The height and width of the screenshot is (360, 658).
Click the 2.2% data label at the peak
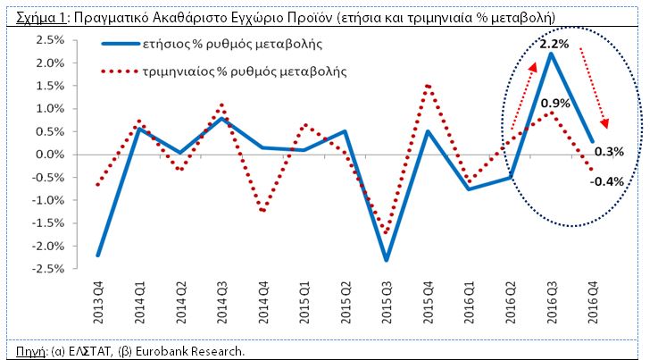point(554,44)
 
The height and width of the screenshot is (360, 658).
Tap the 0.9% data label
point(555,104)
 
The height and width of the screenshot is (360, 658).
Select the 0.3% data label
point(609,152)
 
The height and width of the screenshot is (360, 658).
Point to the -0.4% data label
point(607,181)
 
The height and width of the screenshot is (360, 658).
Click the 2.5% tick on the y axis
point(50,40)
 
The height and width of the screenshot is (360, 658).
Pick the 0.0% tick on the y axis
point(50,155)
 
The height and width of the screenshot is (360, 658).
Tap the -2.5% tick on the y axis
point(48,269)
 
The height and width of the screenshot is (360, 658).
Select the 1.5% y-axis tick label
point(50,86)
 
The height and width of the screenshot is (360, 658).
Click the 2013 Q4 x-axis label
point(98,303)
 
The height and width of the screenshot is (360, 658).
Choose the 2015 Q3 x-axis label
point(386,303)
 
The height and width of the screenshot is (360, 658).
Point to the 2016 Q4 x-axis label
point(593,303)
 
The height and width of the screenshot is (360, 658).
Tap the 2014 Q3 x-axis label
point(221,303)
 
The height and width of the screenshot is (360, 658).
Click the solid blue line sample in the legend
point(121,44)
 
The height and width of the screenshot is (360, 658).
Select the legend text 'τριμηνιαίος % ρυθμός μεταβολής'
point(245,71)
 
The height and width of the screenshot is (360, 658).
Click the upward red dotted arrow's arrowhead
point(533,68)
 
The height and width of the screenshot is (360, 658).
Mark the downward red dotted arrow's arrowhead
point(604,122)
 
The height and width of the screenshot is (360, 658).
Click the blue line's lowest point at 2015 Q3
point(386,260)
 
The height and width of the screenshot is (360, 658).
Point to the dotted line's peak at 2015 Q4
point(427,86)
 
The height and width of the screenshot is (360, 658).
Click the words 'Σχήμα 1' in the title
point(41,18)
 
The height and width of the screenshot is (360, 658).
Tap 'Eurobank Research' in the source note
point(189,351)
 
